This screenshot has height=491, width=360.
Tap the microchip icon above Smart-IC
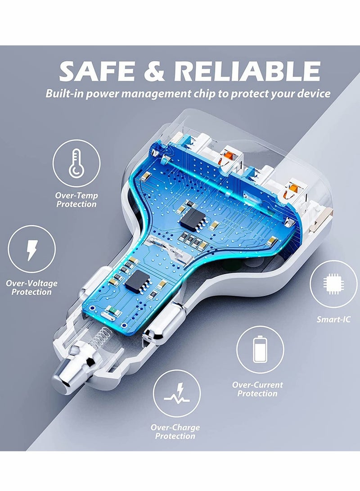pyautogui.click(x=333, y=284)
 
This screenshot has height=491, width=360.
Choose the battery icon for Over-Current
pyautogui.click(x=260, y=350)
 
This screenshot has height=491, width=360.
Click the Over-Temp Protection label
pyautogui.click(x=76, y=200)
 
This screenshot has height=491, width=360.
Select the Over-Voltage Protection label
pyautogui.click(x=31, y=288)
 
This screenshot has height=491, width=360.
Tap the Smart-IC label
pyautogui.click(x=333, y=320)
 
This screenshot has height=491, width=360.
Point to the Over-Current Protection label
pyautogui.click(x=257, y=389)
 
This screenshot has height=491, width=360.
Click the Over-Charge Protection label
pyautogui.click(x=175, y=432)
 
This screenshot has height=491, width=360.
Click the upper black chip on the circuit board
pyautogui.click(x=191, y=219)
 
